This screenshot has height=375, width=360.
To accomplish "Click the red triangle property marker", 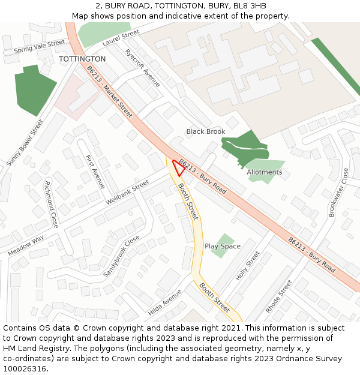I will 178,167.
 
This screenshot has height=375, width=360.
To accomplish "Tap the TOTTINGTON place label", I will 82,59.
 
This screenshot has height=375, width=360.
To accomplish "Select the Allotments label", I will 264,172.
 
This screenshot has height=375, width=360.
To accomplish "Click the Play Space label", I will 223,246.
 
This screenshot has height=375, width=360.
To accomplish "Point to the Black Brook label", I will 206,131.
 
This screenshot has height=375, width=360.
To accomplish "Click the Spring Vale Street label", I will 39,46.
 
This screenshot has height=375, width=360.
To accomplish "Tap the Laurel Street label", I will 121,37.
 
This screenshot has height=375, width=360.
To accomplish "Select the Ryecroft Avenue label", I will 143,68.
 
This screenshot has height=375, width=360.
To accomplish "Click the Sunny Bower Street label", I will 25,143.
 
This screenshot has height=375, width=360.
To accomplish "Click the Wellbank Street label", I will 127,193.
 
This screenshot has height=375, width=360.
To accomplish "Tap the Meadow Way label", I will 26,245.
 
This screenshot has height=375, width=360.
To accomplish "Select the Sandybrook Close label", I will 121,256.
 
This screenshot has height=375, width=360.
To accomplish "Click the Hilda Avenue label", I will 164,303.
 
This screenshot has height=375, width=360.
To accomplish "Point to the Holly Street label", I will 248,266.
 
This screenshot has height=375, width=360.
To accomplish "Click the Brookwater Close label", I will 338,192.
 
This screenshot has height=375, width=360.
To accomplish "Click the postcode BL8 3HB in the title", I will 249,6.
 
